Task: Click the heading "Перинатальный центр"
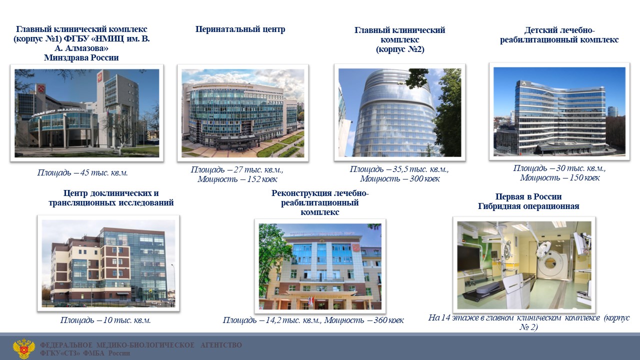(240, 29)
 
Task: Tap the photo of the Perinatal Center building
(243, 113)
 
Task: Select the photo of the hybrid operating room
(524, 265)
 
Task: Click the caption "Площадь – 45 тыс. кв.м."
(82, 172)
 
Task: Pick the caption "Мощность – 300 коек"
(399, 178)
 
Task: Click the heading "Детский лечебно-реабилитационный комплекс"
(559, 35)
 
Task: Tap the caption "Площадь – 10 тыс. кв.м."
(105, 320)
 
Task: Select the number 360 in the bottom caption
(380, 320)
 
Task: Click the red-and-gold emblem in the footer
(24, 348)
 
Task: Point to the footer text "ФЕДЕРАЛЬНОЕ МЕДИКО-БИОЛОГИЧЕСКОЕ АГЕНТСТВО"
(141, 345)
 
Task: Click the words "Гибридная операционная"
(528, 206)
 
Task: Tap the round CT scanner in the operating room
(549, 263)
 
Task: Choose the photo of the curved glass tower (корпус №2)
(399, 112)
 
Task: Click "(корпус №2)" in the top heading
(400, 49)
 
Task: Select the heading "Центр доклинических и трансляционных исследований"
(111, 198)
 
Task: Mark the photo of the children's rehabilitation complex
(559, 111)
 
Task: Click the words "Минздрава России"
(81, 57)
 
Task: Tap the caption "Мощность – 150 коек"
(559, 177)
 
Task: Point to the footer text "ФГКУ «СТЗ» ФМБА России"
(85, 353)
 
